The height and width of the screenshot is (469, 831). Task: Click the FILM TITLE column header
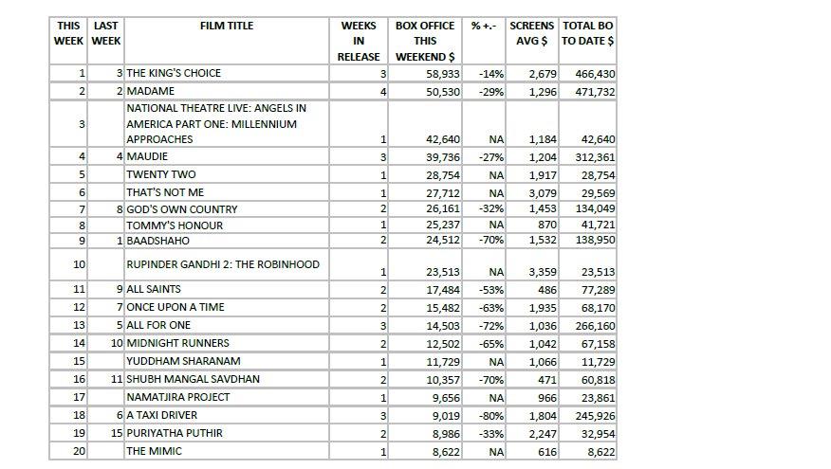click(x=227, y=26)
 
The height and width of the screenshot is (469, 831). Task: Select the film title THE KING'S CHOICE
click(x=174, y=73)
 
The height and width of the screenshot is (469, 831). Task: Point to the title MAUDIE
click(x=147, y=156)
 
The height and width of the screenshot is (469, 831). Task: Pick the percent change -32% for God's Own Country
click(x=491, y=209)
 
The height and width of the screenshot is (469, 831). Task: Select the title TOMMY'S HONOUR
click(x=175, y=226)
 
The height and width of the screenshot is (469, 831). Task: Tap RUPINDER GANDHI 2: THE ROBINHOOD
click(x=223, y=264)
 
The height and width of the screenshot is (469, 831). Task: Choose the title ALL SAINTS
click(x=154, y=289)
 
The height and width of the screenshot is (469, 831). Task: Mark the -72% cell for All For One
click(x=491, y=325)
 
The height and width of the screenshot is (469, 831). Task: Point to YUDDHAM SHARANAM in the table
click(x=183, y=361)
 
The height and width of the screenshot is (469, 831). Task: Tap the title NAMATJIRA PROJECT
click(x=178, y=397)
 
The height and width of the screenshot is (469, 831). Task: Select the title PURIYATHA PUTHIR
click(x=175, y=433)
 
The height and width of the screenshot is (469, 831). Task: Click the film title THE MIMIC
click(x=154, y=451)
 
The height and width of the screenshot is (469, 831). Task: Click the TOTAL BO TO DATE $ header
click(x=587, y=33)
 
